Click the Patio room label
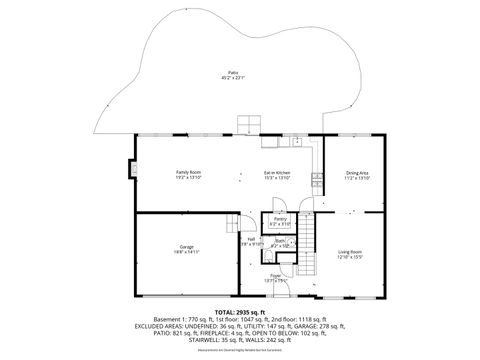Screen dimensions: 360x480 tap(232, 73)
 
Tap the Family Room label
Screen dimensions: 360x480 tap(190, 172)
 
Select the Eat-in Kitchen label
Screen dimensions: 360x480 tap(276, 172)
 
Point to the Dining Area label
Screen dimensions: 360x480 tap(357, 172)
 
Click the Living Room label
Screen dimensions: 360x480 tap(349, 251)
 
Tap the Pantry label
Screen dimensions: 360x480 tap(280, 218)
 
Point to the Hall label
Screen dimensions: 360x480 tap(251, 238)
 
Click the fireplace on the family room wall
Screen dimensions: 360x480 tap(132, 168)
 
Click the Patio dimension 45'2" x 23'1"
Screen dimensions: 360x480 tap(232, 78)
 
